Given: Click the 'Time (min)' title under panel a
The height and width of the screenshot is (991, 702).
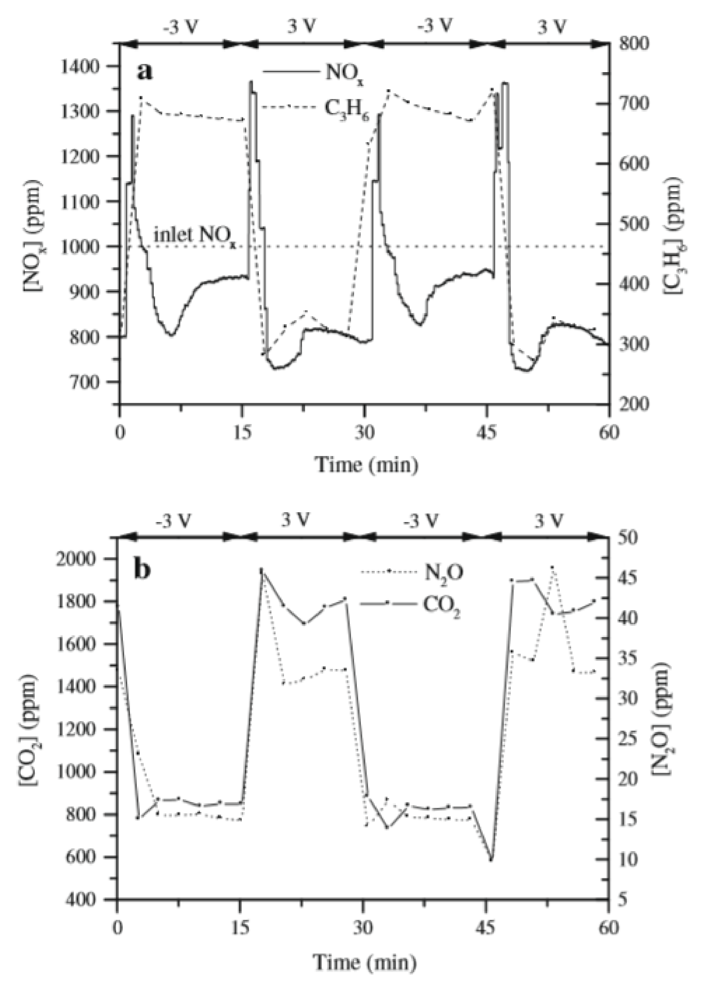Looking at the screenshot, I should pos(368,465).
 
